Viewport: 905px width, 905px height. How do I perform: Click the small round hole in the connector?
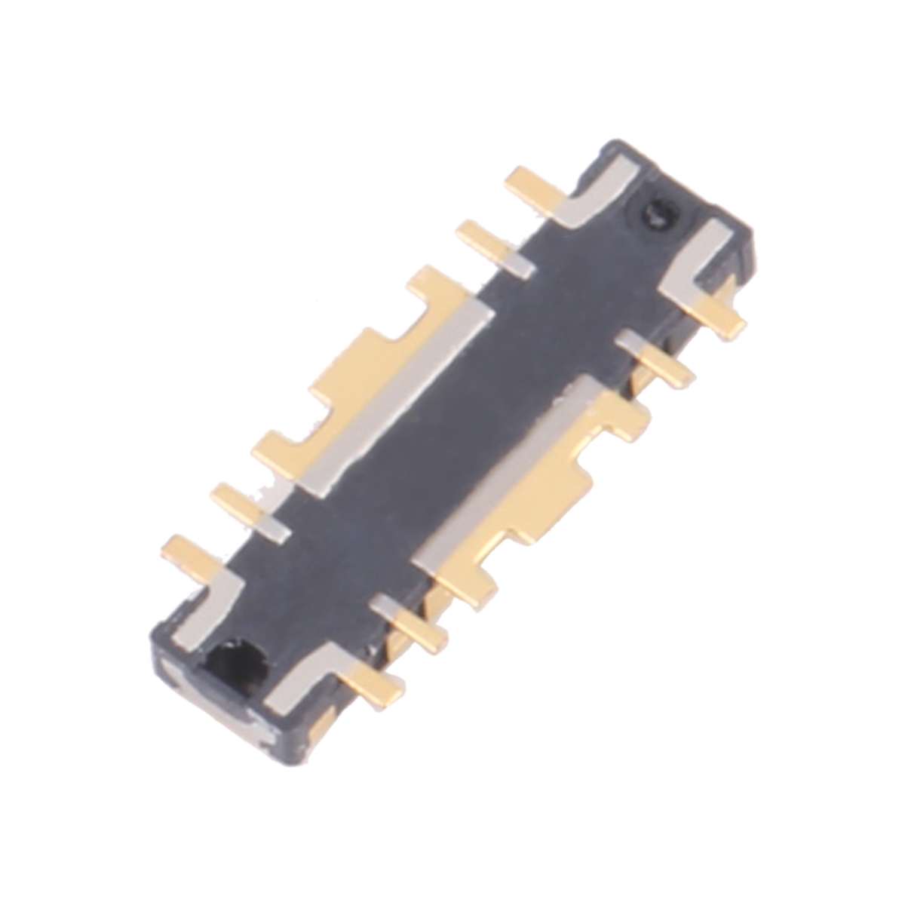pyautogui.click(x=657, y=216)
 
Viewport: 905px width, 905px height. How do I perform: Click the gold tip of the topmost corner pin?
pyautogui.click(x=528, y=181)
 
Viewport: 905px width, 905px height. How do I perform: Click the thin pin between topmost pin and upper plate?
pyautogui.click(x=486, y=238)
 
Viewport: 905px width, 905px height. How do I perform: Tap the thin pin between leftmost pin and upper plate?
pyautogui.click(x=241, y=502)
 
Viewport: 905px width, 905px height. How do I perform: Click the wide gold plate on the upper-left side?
pyautogui.click(x=362, y=377)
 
